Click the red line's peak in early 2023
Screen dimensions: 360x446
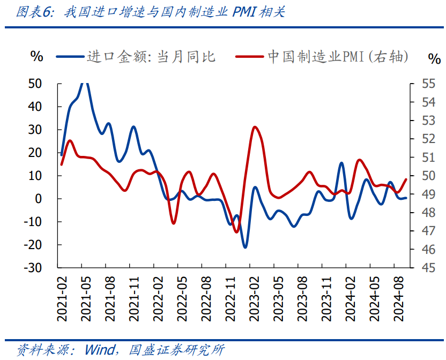coord(255,127)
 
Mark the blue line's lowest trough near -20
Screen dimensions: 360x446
coord(245,247)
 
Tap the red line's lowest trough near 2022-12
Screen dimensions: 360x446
coord(236,231)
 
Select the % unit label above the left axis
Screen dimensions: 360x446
coord(36,56)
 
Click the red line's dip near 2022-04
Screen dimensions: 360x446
coord(174,223)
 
